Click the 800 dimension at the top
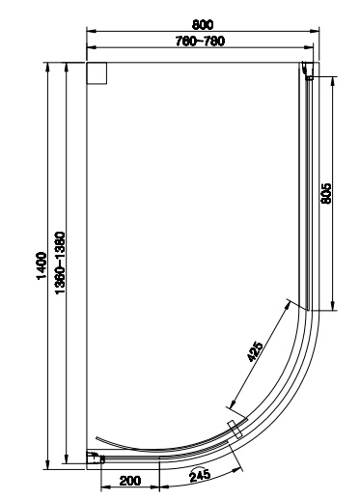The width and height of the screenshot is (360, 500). pos(203,24)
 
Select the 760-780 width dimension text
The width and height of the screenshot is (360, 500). pos(200,42)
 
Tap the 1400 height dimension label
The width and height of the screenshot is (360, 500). pos(42,266)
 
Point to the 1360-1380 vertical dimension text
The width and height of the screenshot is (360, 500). pos(60,263)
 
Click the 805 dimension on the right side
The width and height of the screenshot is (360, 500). pos(326,193)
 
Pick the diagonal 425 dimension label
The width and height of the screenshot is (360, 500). pos(255,351)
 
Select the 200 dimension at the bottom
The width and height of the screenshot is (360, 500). pos(130,481)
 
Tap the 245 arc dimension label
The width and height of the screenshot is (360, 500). pos(200,476)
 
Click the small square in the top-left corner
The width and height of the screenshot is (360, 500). pos(97,73)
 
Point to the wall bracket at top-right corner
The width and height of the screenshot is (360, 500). pos(309,70)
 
